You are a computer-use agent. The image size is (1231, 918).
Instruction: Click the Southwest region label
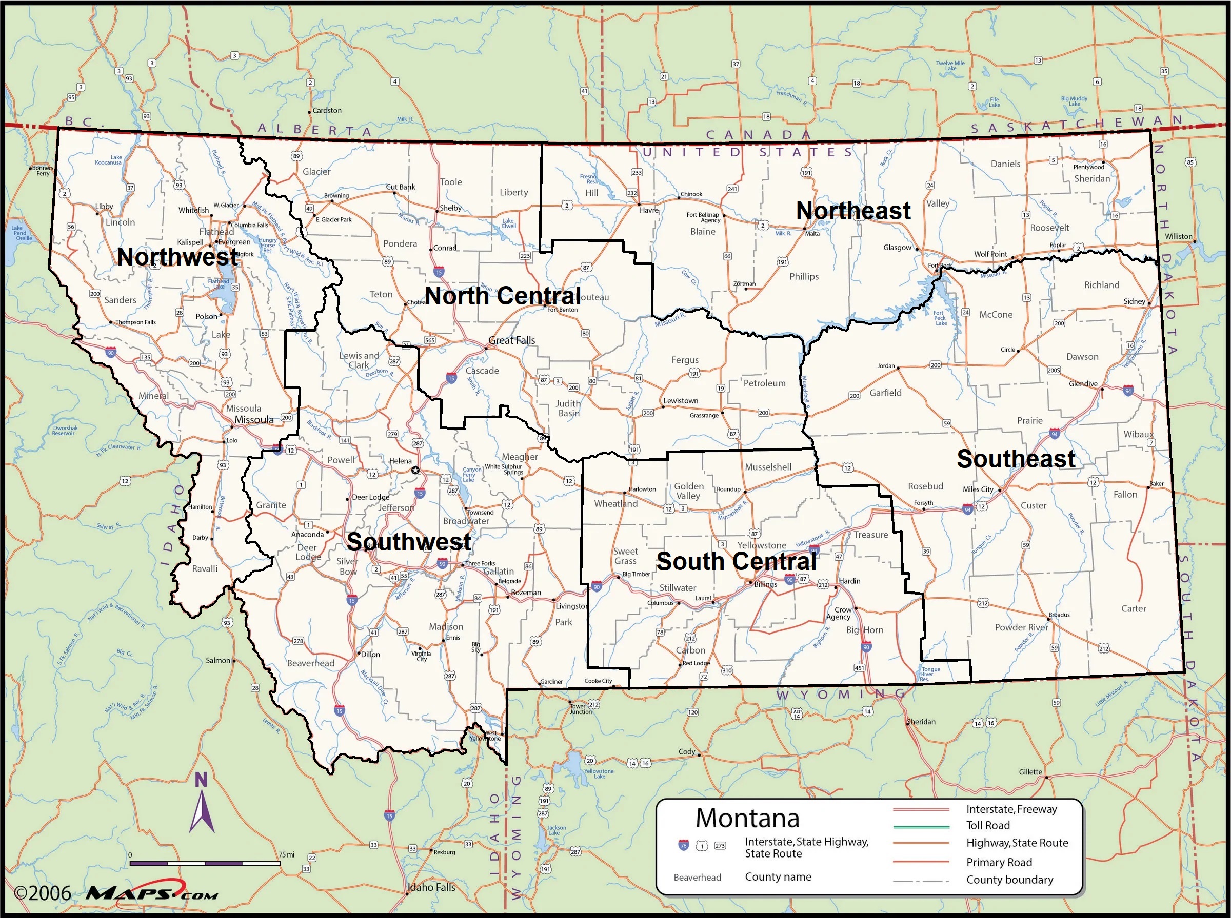(x=409, y=541)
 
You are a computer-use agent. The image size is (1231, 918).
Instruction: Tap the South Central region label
(x=736, y=561)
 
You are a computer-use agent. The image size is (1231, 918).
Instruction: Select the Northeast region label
(x=853, y=211)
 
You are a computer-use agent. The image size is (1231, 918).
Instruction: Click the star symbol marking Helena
(x=415, y=471)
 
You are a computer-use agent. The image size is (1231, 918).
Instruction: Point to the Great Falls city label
(x=511, y=340)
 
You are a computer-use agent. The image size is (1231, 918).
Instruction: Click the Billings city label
(x=766, y=584)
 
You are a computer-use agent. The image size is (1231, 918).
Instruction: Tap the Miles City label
(x=978, y=489)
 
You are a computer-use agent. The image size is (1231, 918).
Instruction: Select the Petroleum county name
(x=765, y=383)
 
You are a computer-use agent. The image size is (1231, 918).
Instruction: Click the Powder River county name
(x=1021, y=627)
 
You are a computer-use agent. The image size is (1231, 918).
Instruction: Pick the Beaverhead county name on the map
(x=310, y=663)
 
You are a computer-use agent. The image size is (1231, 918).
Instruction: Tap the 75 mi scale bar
(x=205, y=863)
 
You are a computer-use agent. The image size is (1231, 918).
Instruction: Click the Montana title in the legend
(x=747, y=818)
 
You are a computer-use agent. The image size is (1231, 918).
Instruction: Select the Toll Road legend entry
(x=987, y=825)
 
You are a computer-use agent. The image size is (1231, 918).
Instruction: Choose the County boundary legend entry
(x=1009, y=879)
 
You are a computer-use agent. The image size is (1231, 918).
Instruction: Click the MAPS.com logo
(x=152, y=893)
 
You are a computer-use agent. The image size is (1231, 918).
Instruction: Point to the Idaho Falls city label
(x=431, y=887)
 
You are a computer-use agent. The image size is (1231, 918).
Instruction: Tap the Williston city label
(x=1179, y=236)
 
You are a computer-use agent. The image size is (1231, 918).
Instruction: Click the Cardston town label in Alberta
(x=327, y=111)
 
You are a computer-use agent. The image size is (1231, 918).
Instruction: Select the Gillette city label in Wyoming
(x=1030, y=771)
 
